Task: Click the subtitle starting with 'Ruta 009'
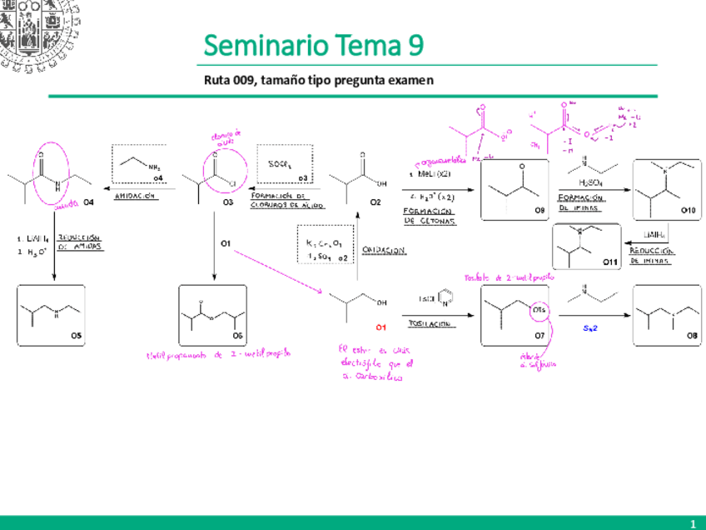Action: (319, 80)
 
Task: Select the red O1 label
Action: (380, 327)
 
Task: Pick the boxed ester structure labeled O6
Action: (213, 315)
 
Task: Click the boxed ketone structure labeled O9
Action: (515, 190)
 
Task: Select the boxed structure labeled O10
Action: (666, 190)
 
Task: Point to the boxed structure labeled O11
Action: (587, 247)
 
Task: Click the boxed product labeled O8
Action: (666, 315)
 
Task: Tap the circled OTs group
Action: (539, 311)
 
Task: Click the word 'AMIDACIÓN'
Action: (136, 196)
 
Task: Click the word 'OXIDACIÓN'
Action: (384, 249)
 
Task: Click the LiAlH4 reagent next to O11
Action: (653, 235)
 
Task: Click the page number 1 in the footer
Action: (692, 522)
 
